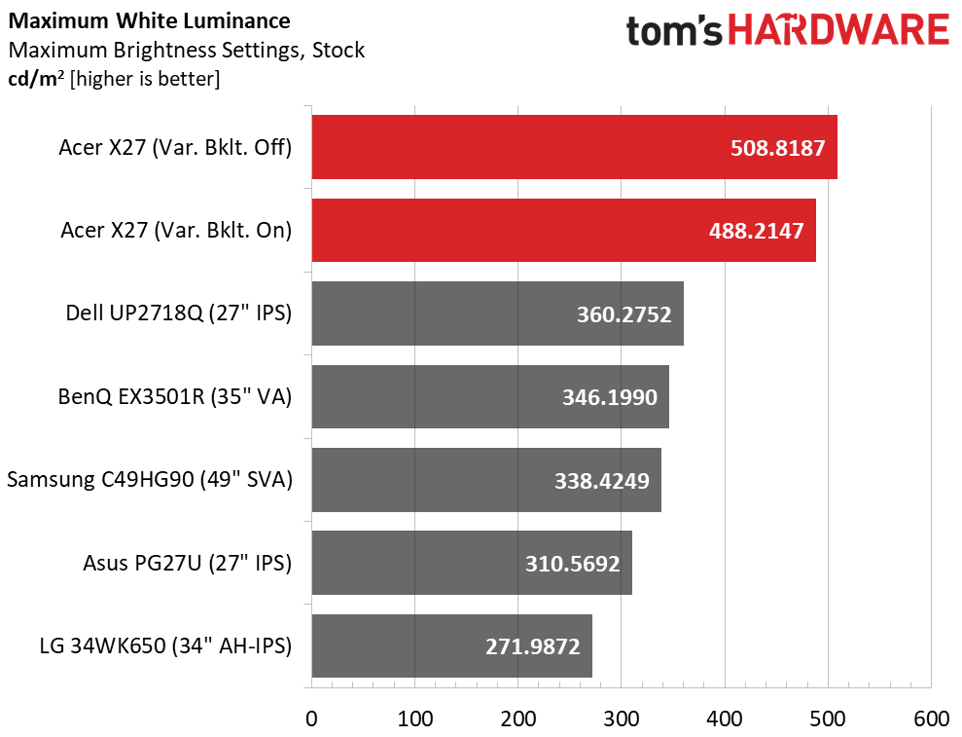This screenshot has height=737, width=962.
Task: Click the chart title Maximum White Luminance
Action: (x=148, y=19)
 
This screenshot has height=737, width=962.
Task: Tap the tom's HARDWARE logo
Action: (x=787, y=31)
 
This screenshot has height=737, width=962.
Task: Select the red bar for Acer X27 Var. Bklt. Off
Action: (x=574, y=147)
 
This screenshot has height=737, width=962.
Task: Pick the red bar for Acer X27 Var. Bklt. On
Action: (x=563, y=230)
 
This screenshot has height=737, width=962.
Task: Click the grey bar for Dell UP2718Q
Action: (x=497, y=313)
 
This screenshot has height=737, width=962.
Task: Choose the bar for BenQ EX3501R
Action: (x=490, y=396)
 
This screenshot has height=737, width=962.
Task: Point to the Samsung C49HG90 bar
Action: (x=486, y=480)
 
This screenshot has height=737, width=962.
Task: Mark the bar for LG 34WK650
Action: (x=451, y=645)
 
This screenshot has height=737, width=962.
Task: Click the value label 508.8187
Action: (x=777, y=148)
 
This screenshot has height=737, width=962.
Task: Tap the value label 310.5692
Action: (x=572, y=563)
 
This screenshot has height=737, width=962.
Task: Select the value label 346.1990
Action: (x=609, y=397)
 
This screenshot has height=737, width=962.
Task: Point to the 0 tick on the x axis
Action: (x=311, y=719)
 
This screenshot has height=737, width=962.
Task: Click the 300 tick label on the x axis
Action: (x=622, y=719)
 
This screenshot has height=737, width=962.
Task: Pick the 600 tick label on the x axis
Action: (x=931, y=719)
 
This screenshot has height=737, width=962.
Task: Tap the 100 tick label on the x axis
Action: (x=414, y=719)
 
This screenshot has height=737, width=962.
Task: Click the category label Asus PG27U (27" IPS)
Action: (x=187, y=563)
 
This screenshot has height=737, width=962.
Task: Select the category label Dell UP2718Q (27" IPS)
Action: (x=178, y=313)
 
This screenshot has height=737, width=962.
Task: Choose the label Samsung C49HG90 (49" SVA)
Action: (x=149, y=480)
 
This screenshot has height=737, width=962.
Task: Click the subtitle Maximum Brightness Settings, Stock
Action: (x=186, y=50)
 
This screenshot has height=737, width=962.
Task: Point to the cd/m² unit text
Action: (x=35, y=79)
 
